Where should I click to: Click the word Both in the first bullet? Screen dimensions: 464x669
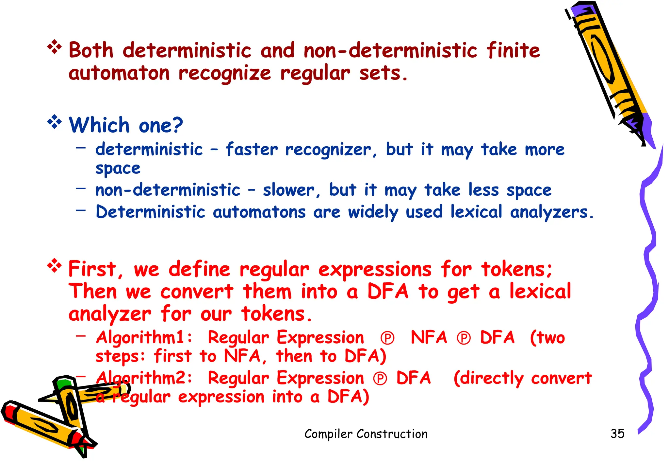[91, 51]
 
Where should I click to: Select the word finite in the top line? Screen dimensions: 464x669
[513, 51]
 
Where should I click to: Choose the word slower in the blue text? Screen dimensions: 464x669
[289, 190]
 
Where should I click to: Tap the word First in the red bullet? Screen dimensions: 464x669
[92, 269]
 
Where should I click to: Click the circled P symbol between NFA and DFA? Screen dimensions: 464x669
[464, 338]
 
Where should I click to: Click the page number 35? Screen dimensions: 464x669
[617, 434]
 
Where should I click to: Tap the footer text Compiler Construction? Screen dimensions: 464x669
[366, 434]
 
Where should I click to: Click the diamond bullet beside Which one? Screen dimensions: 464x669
[54, 122]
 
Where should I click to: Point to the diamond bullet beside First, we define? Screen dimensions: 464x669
[54, 266]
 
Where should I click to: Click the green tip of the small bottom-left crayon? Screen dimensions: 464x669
[63, 383]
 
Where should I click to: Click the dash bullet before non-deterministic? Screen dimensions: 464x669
[81, 188]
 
